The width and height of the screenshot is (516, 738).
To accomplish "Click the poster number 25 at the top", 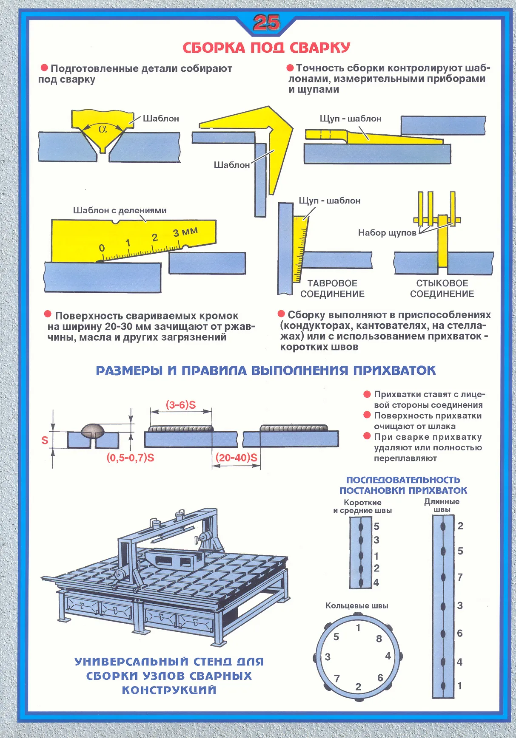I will pyautogui.click(x=266, y=23).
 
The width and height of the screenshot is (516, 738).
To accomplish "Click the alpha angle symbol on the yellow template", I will pyautogui.click(x=103, y=129).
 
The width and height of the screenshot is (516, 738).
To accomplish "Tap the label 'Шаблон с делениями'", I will pyautogui.click(x=120, y=210).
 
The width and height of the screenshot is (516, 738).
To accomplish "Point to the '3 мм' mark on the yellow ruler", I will pyautogui.click(x=185, y=232).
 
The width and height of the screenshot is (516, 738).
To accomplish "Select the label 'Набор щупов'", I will pyautogui.click(x=387, y=233).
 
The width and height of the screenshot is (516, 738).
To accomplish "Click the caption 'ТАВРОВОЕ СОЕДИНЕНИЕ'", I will pyautogui.click(x=332, y=288).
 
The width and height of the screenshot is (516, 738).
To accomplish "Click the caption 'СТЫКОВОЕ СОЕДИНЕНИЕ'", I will pyautogui.click(x=442, y=288).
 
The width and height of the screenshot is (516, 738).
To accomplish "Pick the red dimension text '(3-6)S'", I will pyautogui.click(x=181, y=405).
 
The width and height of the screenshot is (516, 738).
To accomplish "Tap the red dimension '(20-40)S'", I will pyautogui.click(x=237, y=458).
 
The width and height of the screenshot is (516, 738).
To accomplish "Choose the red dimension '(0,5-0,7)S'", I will pyautogui.click(x=130, y=458).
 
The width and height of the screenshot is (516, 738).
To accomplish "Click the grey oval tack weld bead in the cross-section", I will pyautogui.click(x=93, y=430).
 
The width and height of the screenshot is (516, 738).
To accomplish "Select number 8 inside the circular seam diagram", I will pyautogui.click(x=379, y=639).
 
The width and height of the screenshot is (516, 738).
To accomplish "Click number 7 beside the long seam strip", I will pyautogui.click(x=460, y=577).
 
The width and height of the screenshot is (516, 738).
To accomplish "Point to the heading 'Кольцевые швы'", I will pyautogui.click(x=356, y=605).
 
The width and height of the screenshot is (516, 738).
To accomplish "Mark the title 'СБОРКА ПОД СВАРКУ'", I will pyautogui.click(x=266, y=48).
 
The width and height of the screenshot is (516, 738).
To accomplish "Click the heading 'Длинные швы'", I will pyautogui.click(x=442, y=505).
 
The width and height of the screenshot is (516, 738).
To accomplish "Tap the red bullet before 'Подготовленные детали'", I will pyautogui.click(x=44, y=68).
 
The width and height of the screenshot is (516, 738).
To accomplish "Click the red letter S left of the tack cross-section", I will pyautogui.click(x=45, y=441).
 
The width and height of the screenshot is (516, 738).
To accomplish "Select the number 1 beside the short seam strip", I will pyautogui.click(x=376, y=556).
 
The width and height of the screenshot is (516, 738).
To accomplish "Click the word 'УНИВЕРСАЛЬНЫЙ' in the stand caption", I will pyautogui.click(x=131, y=662).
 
